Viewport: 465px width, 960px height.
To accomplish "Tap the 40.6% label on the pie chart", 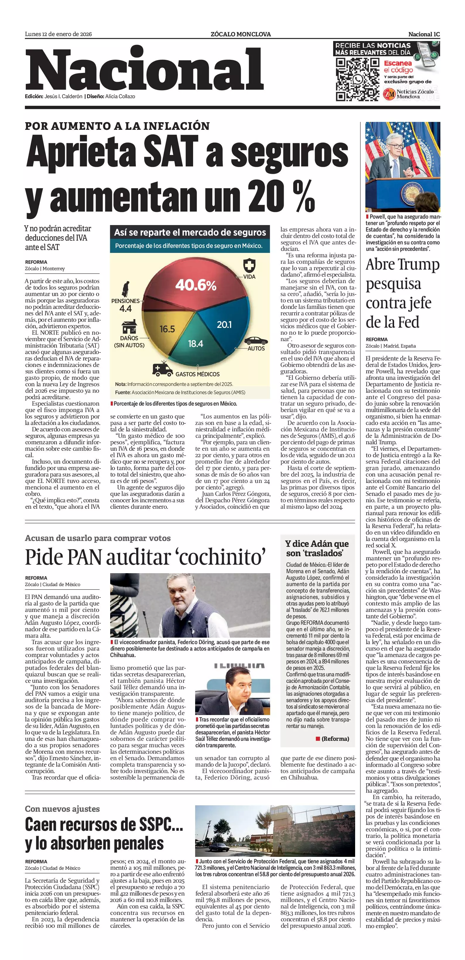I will click(196, 285).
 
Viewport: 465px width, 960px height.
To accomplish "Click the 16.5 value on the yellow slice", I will click(167, 329).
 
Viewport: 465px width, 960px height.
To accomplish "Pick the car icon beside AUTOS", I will click(256, 341).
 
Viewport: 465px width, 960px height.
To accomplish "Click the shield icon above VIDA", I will click(249, 266).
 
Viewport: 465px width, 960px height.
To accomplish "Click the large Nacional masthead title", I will click(144, 71).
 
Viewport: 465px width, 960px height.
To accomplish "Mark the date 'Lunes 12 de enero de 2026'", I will click(59, 34).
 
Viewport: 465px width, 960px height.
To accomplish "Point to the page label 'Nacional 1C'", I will click(424, 34).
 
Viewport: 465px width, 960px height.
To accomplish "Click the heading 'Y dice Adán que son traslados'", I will click(317, 548).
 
